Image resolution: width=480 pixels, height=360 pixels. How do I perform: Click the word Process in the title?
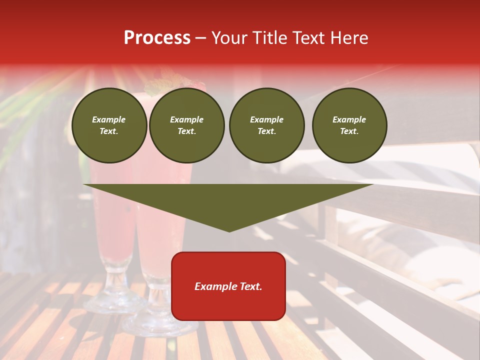point(157,38)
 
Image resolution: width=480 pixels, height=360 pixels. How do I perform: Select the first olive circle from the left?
point(109,125)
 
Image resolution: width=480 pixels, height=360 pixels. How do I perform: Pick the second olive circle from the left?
point(186,125)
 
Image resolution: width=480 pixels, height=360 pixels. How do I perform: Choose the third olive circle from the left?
point(266,125)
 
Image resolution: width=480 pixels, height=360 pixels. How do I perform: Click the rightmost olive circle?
point(349,125)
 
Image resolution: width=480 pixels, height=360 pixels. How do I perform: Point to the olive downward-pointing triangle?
point(228,200)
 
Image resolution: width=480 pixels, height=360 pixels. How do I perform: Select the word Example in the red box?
point(215,286)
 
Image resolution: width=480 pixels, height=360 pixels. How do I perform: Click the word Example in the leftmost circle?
point(109,119)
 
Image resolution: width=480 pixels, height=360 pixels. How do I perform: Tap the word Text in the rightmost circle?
point(349,131)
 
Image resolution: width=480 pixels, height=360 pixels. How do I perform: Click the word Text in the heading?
point(309,38)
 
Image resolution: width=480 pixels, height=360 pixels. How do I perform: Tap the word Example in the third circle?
point(266,119)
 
